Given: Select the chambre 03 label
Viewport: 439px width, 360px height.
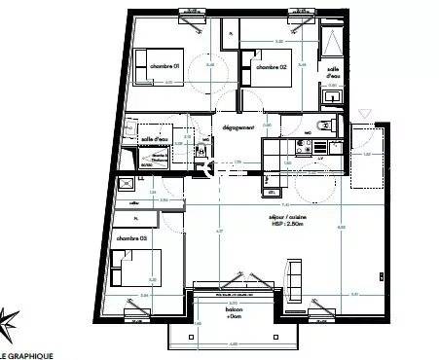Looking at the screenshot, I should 130,238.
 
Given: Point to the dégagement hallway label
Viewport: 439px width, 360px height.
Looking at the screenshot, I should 238,127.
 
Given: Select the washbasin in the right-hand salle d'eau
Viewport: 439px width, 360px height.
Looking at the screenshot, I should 333,96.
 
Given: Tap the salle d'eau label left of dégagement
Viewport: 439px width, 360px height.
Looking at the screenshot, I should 156,140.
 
